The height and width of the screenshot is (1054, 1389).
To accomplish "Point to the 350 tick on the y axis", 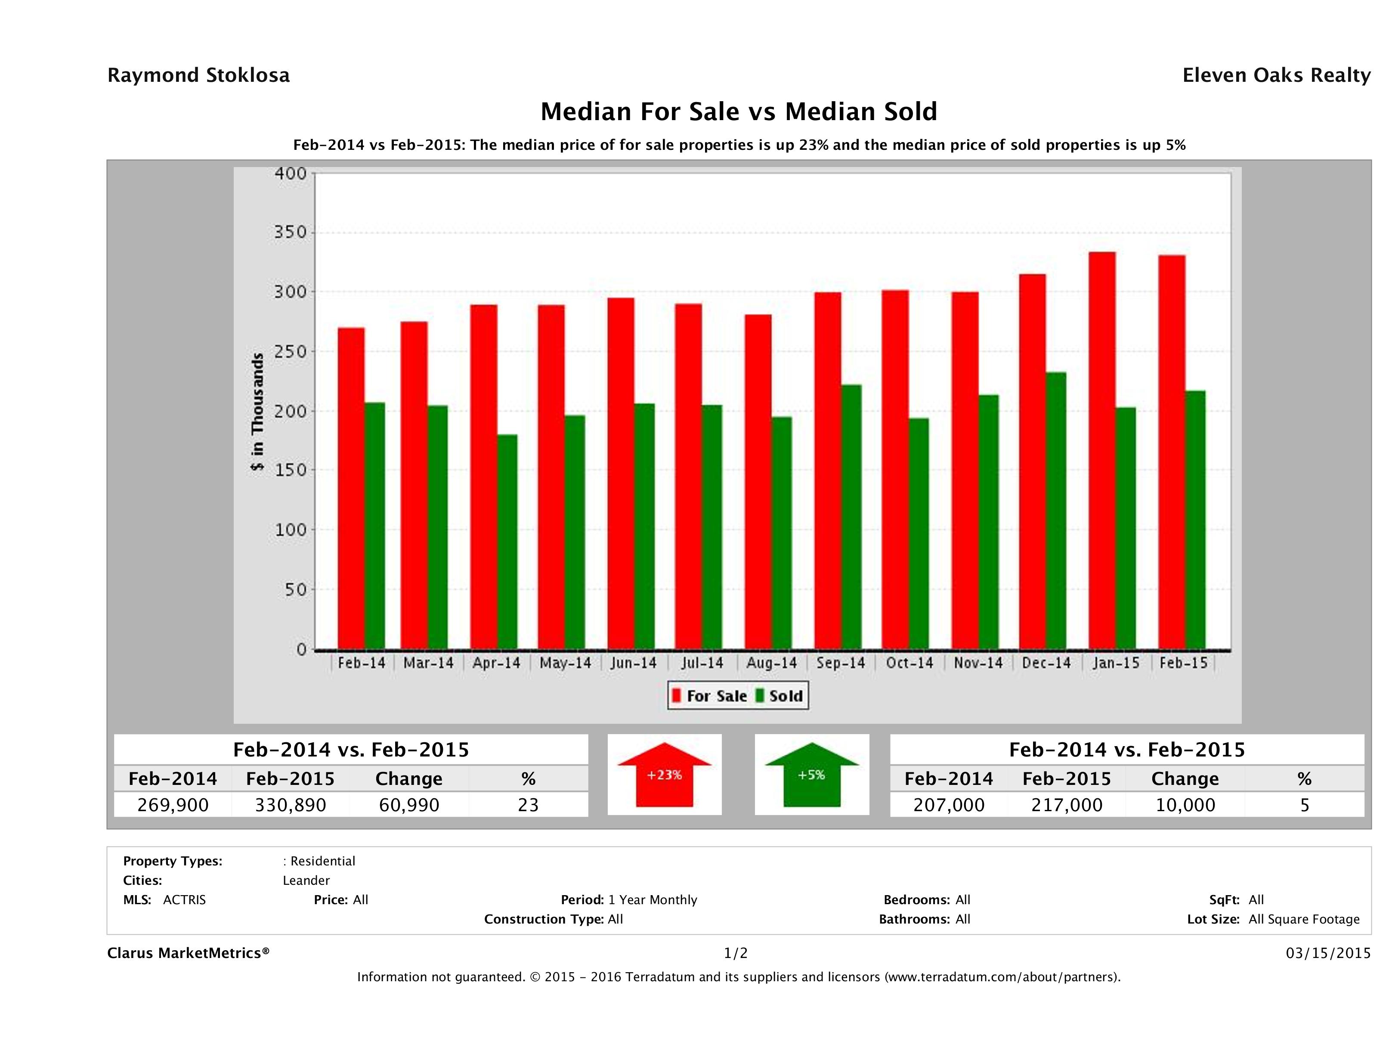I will click(x=291, y=232).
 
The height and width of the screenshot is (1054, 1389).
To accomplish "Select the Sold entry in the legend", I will click(x=779, y=696).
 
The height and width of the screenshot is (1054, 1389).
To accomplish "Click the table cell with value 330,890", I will click(x=290, y=805).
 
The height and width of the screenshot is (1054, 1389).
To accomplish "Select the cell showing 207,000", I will click(x=948, y=805).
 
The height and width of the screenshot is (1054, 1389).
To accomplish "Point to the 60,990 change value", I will click(x=409, y=805).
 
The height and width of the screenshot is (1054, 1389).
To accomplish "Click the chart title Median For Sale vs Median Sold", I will click(x=739, y=112).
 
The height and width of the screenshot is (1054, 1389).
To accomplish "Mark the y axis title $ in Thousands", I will click(x=257, y=412).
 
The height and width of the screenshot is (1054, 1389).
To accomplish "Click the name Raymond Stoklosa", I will click(x=198, y=75).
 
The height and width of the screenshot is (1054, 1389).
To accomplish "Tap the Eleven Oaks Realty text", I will click(x=1276, y=75).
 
